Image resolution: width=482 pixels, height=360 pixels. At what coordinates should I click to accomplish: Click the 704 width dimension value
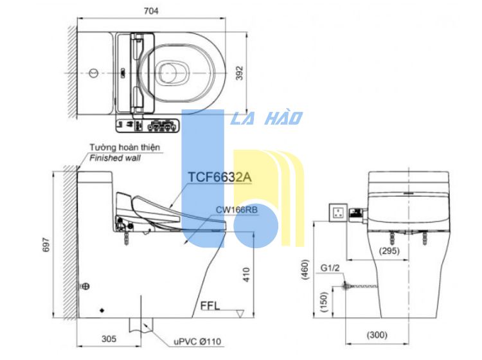click(151, 11)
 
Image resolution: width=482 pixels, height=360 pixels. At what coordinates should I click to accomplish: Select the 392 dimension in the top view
click(240, 73)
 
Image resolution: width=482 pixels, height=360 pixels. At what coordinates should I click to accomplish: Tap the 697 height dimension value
click(46, 244)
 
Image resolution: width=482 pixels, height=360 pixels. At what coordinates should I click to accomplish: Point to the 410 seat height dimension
click(247, 274)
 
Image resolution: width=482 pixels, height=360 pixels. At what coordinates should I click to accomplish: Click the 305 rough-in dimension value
click(109, 339)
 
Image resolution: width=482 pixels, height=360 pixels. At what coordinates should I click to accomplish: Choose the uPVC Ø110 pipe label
click(197, 341)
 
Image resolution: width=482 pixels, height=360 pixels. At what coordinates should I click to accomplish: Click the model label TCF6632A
click(220, 177)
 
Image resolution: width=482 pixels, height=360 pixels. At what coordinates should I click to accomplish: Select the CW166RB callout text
click(237, 210)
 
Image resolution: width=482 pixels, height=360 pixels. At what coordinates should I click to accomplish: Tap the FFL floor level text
click(210, 306)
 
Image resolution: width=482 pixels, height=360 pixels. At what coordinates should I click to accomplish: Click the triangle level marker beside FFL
click(240, 314)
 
